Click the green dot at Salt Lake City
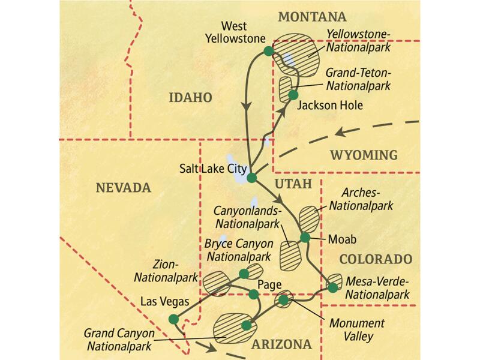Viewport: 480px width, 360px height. [x=252, y=178]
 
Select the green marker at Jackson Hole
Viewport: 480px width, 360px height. [x=293, y=95]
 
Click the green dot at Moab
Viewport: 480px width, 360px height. [x=305, y=237]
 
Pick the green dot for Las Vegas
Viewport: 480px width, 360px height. [x=173, y=319]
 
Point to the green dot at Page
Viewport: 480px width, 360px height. [x=254, y=294]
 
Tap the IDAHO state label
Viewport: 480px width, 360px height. [x=190, y=97]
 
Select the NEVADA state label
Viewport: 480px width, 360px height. [x=123, y=188]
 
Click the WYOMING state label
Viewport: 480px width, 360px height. [x=363, y=155]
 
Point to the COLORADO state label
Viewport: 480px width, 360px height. [x=376, y=259]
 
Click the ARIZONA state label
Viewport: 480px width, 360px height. [x=282, y=344]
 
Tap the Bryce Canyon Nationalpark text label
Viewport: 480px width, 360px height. [x=239, y=250]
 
